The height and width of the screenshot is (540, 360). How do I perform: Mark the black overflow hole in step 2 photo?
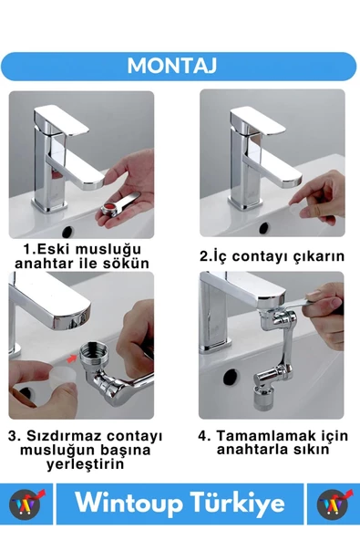coord(265,226)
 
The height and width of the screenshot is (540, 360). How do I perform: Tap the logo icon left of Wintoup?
coord(25,504)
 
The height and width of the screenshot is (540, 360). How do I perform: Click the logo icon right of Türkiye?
coord(334,504)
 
